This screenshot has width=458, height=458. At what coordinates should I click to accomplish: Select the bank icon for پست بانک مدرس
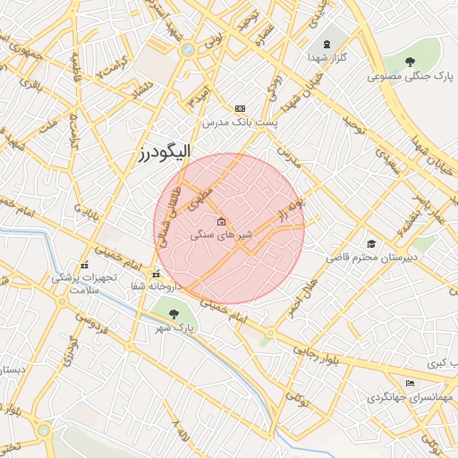tap(240, 108)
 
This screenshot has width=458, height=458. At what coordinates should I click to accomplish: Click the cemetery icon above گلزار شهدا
tap(326, 42)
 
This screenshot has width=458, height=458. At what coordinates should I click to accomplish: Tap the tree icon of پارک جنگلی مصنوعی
tap(410, 62)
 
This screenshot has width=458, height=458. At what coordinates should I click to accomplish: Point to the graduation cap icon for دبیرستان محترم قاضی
tap(370, 243)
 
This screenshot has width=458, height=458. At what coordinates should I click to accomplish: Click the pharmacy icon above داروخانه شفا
tap(157, 275)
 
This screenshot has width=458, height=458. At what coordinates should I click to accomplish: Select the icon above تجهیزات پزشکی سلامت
tap(85, 265)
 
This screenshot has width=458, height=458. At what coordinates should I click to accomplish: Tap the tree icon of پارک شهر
tap(173, 313)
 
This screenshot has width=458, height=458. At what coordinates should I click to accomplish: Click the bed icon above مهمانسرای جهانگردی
tap(410, 383)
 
